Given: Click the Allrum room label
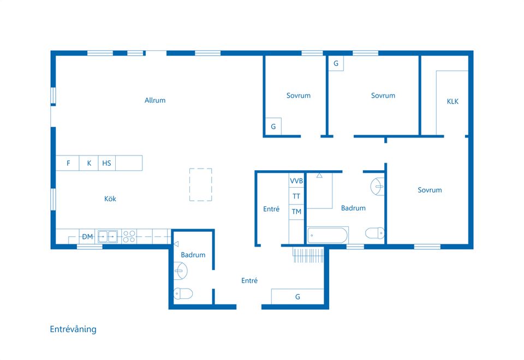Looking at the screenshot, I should (x=155, y=100).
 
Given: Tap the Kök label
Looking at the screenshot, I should (x=110, y=199).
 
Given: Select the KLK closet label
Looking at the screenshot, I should (x=452, y=101).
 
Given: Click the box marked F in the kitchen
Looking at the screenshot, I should (x=68, y=163).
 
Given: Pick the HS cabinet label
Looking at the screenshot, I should (x=106, y=163).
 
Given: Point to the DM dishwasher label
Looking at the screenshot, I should (x=87, y=237).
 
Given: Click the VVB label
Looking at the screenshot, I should (x=296, y=181).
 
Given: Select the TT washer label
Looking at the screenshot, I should (x=296, y=196).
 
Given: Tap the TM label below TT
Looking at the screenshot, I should (x=296, y=212).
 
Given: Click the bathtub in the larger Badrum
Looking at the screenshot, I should (x=327, y=235).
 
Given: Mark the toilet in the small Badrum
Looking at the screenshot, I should (x=184, y=294).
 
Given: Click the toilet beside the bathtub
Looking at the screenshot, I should (x=375, y=233).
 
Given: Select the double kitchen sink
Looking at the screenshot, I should (x=108, y=237).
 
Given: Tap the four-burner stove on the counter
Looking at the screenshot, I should (x=129, y=237).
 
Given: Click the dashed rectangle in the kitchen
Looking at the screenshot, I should (x=201, y=184).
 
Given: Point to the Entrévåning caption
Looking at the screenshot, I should (x=73, y=329).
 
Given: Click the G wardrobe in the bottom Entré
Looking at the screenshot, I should (x=297, y=297).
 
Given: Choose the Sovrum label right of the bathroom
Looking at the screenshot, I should (x=430, y=190).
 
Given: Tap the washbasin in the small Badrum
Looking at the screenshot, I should (x=181, y=269).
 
